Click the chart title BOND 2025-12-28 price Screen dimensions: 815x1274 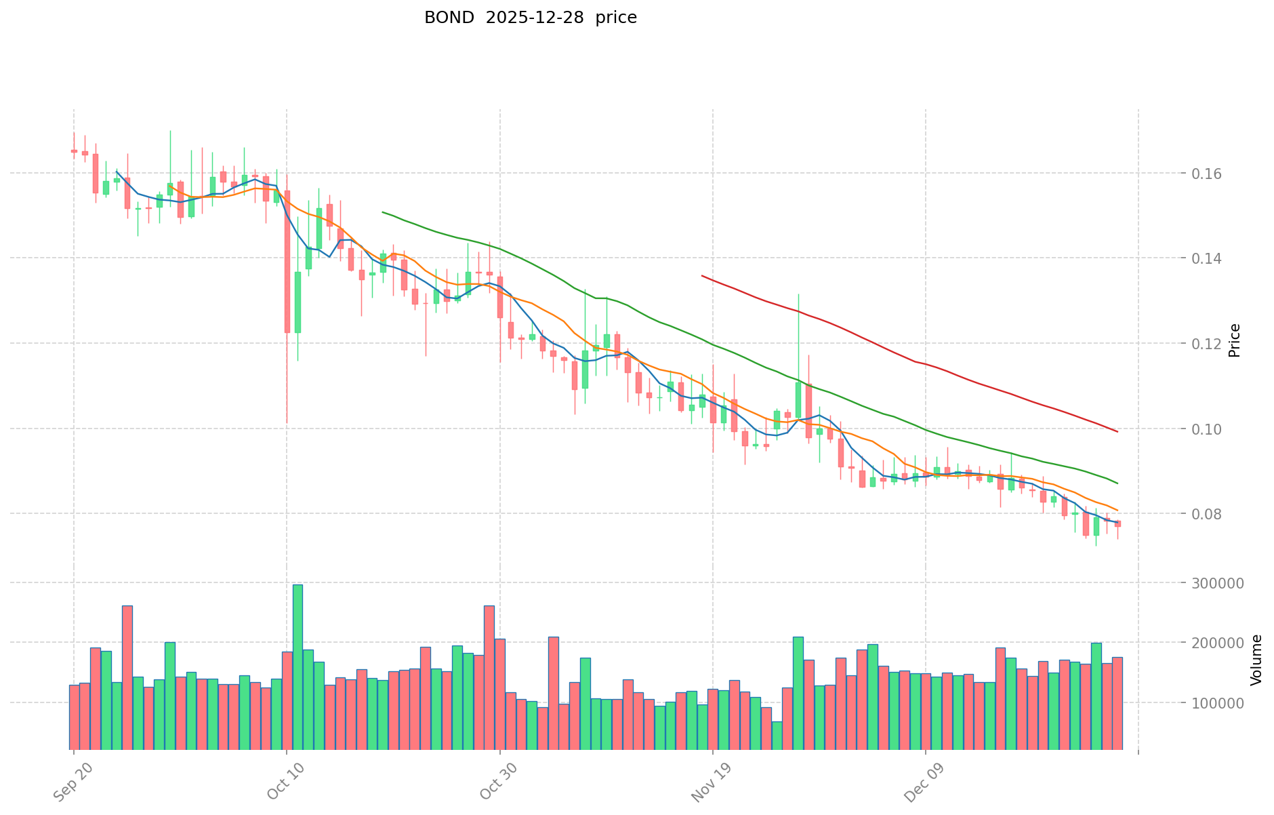pyautogui.click(x=530, y=18)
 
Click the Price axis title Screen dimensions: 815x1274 pyautogui.click(x=1235, y=340)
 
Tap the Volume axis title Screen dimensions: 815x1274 pyautogui.click(x=1256, y=660)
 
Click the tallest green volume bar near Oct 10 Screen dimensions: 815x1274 pyautogui.click(x=297, y=667)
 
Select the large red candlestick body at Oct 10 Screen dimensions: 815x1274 pyautogui.click(x=287, y=261)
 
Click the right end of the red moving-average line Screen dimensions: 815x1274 pyautogui.click(x=1117, y=431)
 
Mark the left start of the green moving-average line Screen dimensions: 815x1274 pyautogui.click(x=383, y=212)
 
